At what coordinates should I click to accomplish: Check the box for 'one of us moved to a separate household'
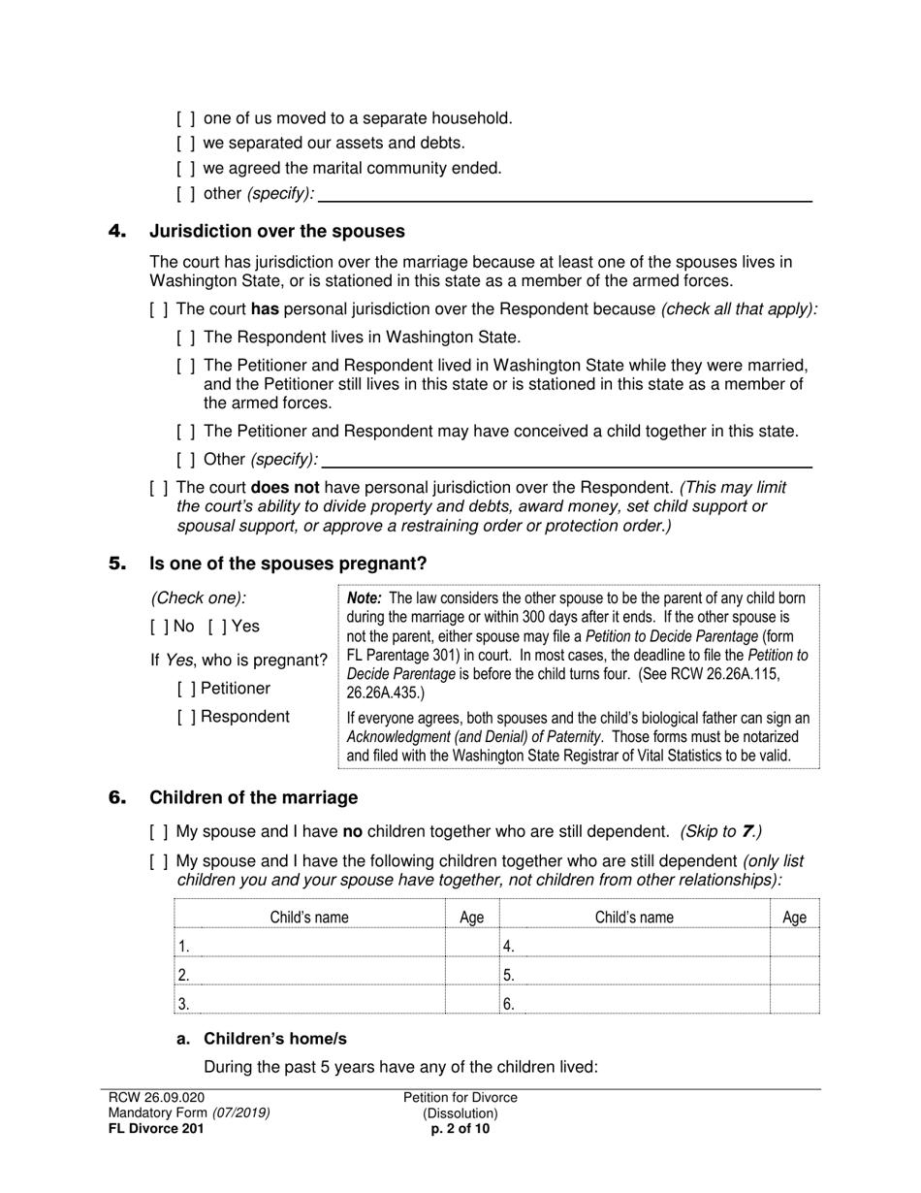pyautogui.click(x=185, y=118)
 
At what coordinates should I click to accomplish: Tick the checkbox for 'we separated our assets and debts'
pyautogui.click(x=185, y=144)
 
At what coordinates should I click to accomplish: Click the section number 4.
pyautogui.click(x=117, y=232)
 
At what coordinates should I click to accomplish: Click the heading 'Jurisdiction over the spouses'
pyautogui.click(x=276, y=232)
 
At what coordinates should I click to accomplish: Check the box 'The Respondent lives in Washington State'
pyautogui.click(x=185, y=338)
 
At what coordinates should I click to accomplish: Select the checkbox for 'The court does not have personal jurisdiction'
pyautogui.click(x=158, y=488)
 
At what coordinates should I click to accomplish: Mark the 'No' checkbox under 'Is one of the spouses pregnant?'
pyautogui.click(x=158, y=627)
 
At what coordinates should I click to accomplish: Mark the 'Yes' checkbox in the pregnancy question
pyautogui.click(x=216, y=627)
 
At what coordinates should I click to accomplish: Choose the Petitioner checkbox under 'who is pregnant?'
pyautogui.click(x=185, y=689)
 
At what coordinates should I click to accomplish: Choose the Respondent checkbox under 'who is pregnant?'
pyautogui.click(x=185, y=717)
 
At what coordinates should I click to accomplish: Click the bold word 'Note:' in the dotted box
pyautogui.click(x=365, y=598)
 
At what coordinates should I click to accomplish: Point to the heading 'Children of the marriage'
pyautogui.click(x=253, y=798)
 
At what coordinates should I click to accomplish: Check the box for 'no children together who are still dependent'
pyautogui.click(x=158, y=832)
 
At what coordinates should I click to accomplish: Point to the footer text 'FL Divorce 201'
pyautogui.click(x=156, y=1128)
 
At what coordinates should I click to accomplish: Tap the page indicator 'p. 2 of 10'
pyautogui.click(x=460, y=1128)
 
